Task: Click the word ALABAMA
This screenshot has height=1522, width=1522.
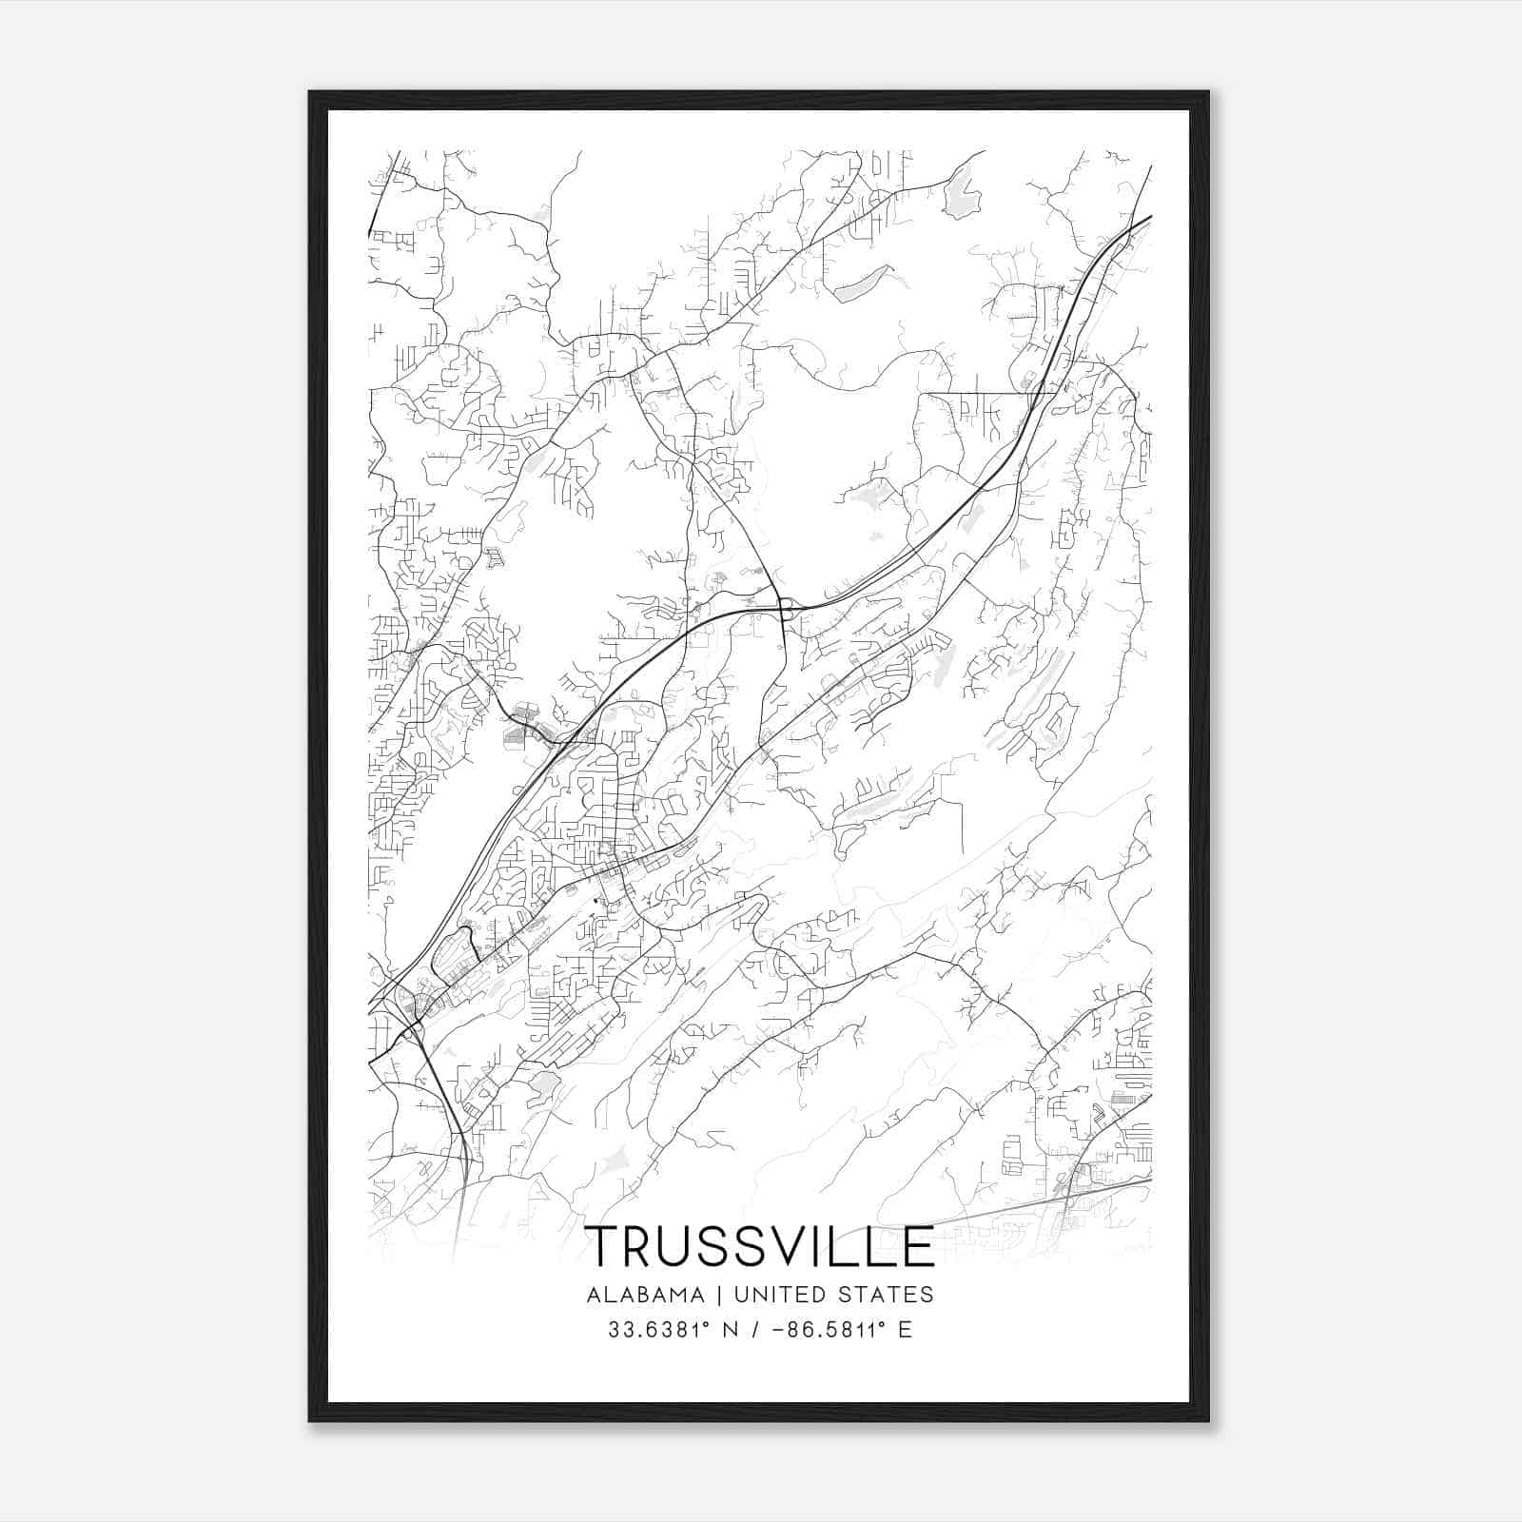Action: click(646, 1295)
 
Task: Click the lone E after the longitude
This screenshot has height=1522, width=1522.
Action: click(905, 1330)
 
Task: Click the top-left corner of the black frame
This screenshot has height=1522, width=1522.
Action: click(310, 92)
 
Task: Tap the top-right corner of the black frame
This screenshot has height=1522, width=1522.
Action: click(1208, 92)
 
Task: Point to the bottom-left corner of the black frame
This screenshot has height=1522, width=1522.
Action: click(310, 1420)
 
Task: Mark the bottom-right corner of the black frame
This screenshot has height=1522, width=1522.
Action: click(1208, 1420)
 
